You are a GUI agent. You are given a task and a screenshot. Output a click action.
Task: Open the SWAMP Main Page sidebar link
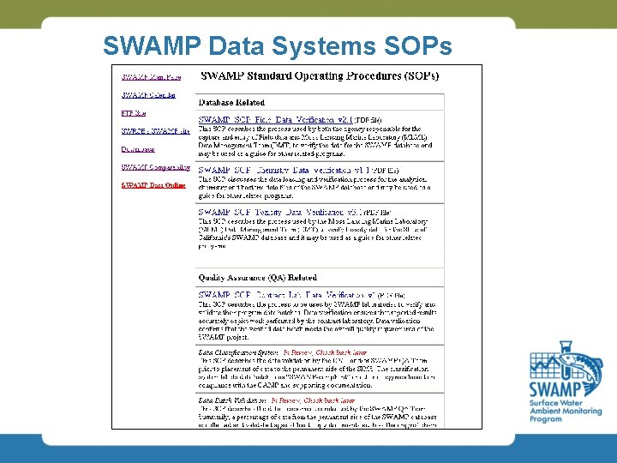point(151,77)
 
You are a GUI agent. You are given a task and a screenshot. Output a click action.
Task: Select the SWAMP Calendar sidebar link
point(148,95)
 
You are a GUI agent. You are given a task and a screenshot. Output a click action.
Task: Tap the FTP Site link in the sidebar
point(134,113)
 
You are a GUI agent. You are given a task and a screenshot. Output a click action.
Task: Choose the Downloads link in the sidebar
point(138,148)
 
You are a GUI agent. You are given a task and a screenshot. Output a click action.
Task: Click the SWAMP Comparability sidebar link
point(155,167)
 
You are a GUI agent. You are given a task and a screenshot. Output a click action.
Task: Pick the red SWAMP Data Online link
point(153,184)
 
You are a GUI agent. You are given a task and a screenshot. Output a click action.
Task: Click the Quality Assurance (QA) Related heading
point(257,278)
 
